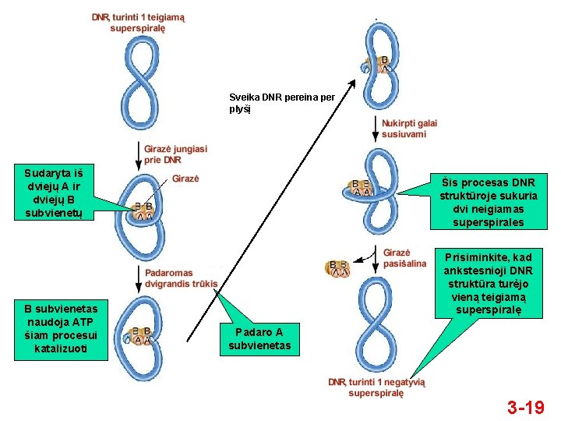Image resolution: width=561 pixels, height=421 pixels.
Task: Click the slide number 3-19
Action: point(525,407)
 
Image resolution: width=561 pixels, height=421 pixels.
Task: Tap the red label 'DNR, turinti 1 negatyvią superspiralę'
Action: point(376,387)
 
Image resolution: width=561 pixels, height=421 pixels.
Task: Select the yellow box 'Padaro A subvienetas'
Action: point(259,339)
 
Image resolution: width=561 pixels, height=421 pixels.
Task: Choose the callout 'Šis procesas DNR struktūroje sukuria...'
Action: point(489,201)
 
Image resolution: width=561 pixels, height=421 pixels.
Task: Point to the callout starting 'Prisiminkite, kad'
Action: point(488,284)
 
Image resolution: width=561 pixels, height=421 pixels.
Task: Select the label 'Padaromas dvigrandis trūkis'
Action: point(181,278)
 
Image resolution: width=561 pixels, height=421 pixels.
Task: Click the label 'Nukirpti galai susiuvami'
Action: point(408,129)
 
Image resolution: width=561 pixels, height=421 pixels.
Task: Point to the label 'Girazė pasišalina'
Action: point(404,258)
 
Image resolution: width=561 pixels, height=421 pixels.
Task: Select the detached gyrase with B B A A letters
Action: point(337,269)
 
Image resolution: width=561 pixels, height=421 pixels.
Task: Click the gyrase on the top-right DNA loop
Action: point(379,65)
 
